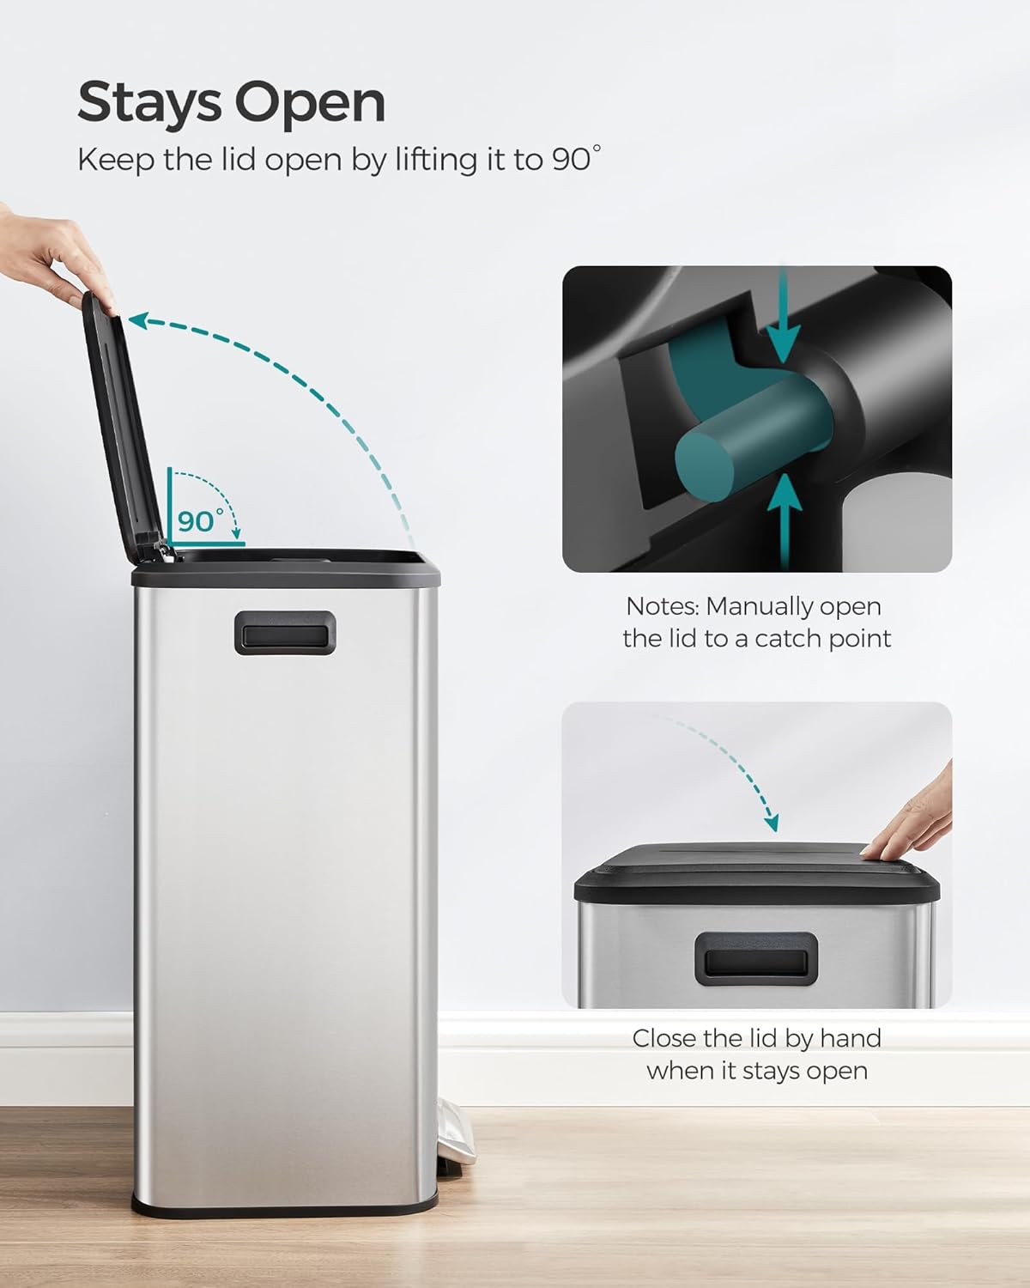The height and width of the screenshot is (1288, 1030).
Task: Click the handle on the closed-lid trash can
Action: click(756, 957)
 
